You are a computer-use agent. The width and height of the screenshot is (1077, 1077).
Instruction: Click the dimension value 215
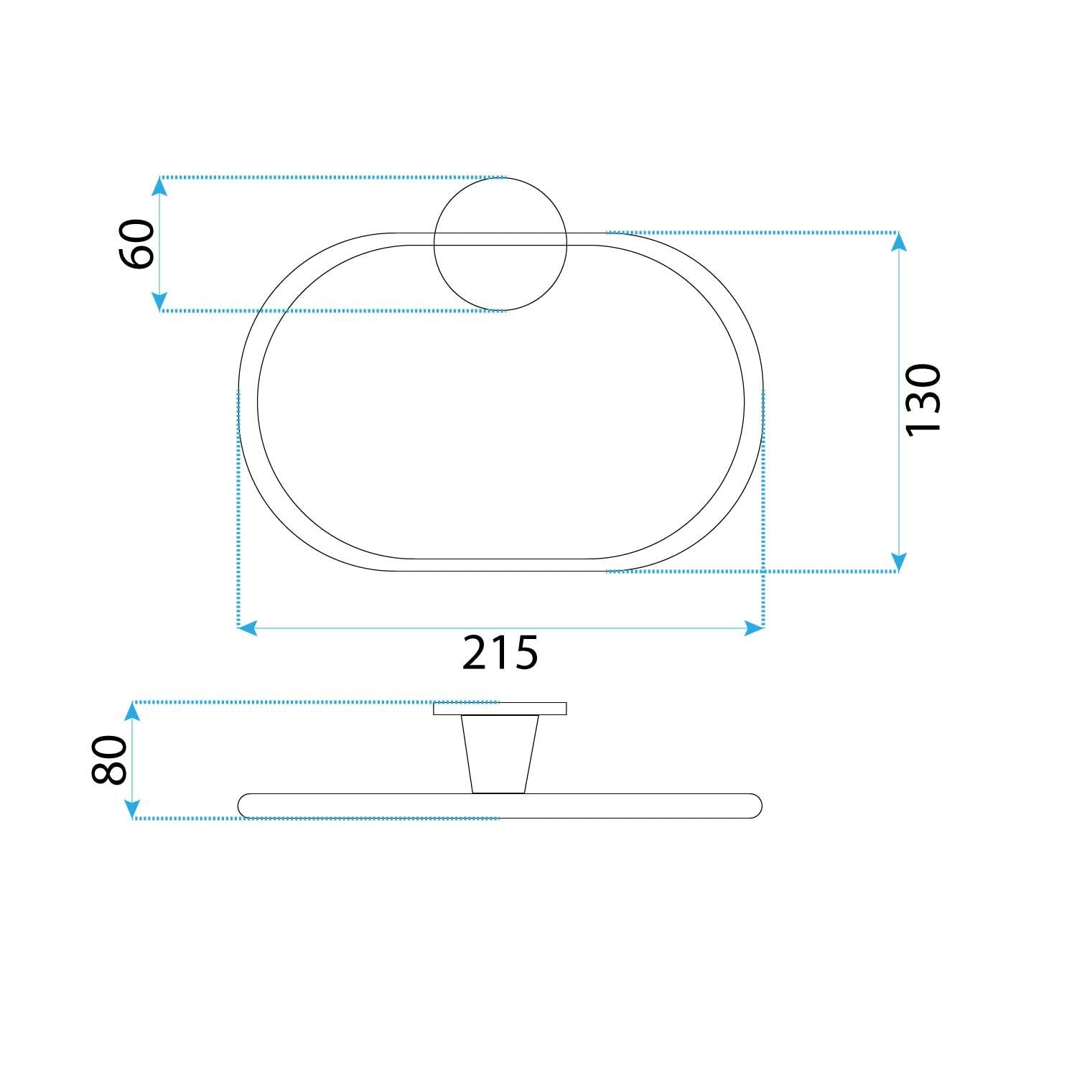[x=500, y=653]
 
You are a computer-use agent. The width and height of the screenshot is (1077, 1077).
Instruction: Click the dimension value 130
[x=923, y=399]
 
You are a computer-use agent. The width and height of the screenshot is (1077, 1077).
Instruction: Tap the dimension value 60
[x=136, y=244]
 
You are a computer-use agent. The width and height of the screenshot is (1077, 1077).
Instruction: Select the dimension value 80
[x=110, y=760]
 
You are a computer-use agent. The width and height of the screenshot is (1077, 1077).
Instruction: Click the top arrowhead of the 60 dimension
[x=159, y=187]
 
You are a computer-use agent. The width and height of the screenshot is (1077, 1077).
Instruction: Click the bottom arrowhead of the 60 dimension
[x=159, y=302]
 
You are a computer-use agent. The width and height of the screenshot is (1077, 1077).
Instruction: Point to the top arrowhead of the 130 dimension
[x=898, y=242]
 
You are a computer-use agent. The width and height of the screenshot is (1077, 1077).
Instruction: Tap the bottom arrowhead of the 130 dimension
[x=898, y=561]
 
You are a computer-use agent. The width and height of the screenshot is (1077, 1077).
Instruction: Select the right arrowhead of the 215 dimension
[x=754, y=628]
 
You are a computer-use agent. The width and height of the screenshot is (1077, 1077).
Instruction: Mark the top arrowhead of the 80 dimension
[x=131, y=712]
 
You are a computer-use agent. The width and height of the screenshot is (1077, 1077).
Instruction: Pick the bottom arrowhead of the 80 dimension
[x=131, y=809]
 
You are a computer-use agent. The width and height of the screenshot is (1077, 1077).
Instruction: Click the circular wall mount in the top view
[x=500, y=276]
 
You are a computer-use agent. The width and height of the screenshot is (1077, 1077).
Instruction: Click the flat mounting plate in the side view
[x=500, y=709]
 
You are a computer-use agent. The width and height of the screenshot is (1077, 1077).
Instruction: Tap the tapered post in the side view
[x=500, y=754]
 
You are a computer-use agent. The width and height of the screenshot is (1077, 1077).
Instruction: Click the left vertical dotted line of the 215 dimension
[x=238, y=503]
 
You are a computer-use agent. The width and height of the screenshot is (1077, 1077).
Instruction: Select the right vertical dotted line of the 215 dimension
[x=763, y=503]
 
